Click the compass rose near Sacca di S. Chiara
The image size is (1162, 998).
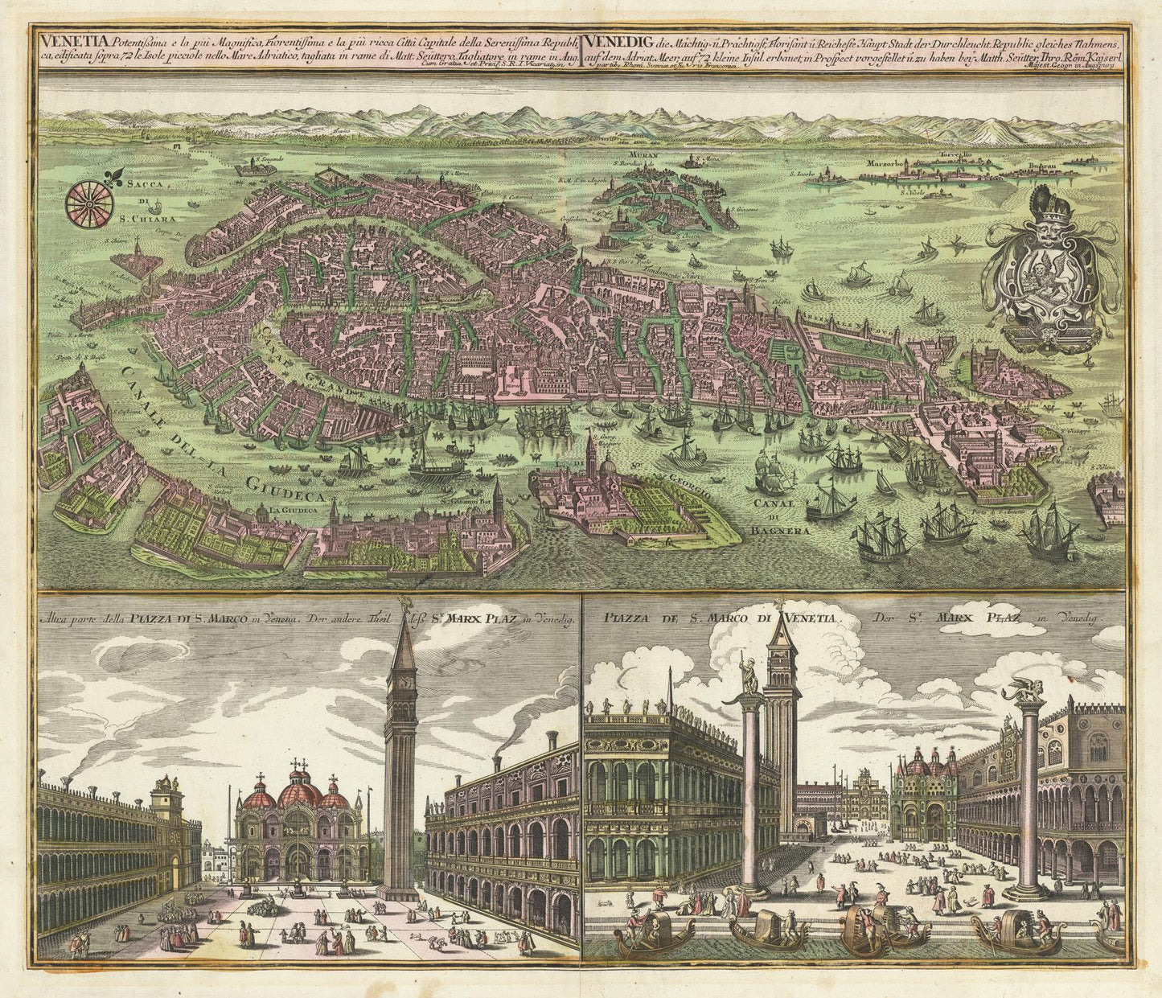[x=89, y=204]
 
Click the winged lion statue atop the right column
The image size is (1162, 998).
[x=1027, y=690]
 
